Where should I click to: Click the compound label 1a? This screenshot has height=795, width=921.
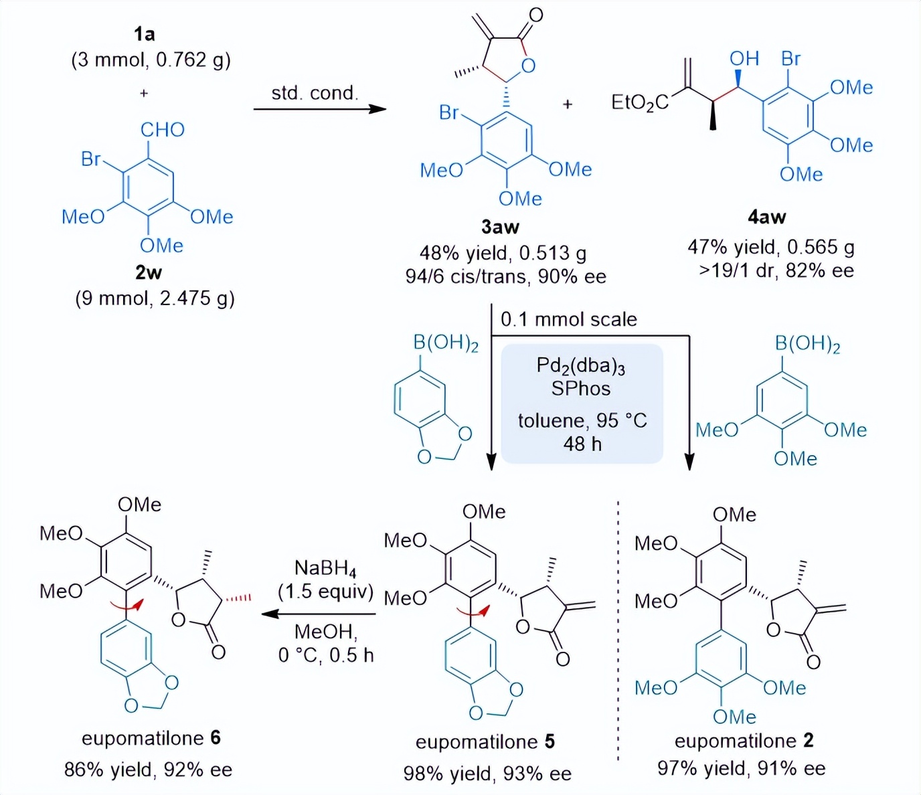(x=144, y=33)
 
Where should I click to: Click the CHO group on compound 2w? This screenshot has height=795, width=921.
(x=162, y=129)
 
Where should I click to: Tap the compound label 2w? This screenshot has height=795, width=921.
(x=148, y=272)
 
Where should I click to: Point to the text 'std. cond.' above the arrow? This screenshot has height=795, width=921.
(x=315, y=93)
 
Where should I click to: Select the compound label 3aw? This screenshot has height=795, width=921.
(x=500, y=228)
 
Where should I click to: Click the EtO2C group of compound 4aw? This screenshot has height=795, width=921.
(x=639, y=102)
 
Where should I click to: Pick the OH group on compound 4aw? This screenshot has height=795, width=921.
(x=744, y=59)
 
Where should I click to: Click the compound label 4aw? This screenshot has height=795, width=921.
(x=766, y=217)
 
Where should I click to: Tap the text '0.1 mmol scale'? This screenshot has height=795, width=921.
(x=569, y=319)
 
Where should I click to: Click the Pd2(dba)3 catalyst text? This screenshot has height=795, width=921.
(x=580, y=366)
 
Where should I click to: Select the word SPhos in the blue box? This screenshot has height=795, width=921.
(x=580, y=389)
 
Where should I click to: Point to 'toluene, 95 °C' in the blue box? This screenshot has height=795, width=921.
(x=582, y=420)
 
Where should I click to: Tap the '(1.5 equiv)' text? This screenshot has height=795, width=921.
(x=325, y=592)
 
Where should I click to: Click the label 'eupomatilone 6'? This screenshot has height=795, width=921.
(x=151, y=738)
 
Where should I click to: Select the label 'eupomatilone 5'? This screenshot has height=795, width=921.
(x=485, y=742)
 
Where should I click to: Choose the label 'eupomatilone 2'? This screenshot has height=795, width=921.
(x=744, y=741)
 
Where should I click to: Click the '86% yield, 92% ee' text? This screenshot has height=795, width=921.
(x=148, y=770)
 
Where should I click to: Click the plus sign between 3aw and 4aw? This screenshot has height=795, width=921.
(x=568, y=104)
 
